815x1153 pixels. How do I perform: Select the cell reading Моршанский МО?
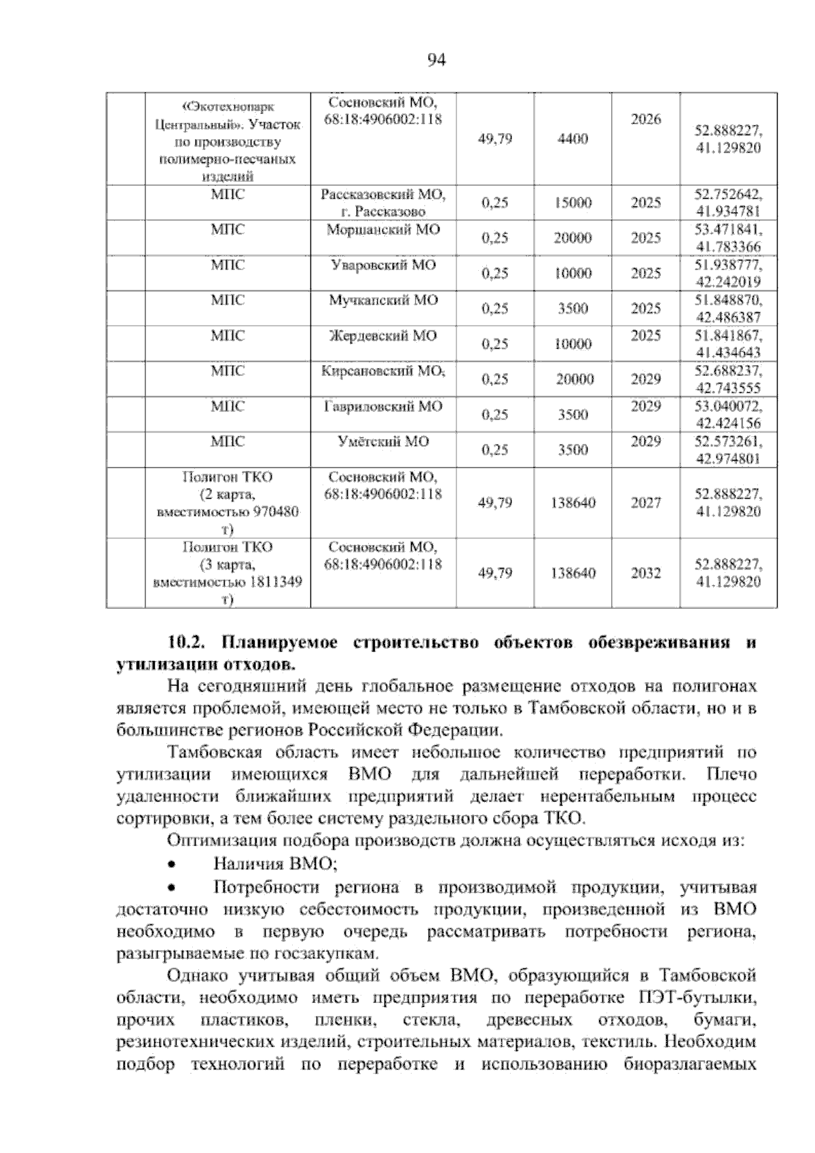pyautogui.click(x=383, y=230)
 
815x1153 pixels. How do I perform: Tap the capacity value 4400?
pyautogui.click(x=573, y=139)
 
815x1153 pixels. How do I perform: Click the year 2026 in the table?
pyautogui.click(x=646, y=119)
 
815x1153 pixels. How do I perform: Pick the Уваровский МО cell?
pyautogui.click(x=383, y=265)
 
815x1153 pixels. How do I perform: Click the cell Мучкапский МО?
pyautogui.click(x=383, y=301)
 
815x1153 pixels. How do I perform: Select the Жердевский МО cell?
pyautogui.click(x=383, y=336)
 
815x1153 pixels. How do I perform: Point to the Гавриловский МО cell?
pyautogui.click(x=383, y=407)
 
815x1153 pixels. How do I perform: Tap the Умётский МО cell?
pyautogui.click(x=383, y=442)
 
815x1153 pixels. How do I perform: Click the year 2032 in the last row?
pyautogui.click(x=646, y=573)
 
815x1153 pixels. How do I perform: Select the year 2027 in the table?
pyautogui.click(x=646, y=503)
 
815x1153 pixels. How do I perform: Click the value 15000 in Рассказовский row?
pyautogui.click(x=573, y=203)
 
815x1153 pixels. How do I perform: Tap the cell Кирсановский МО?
pyautogui.click(x=383, y=371)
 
